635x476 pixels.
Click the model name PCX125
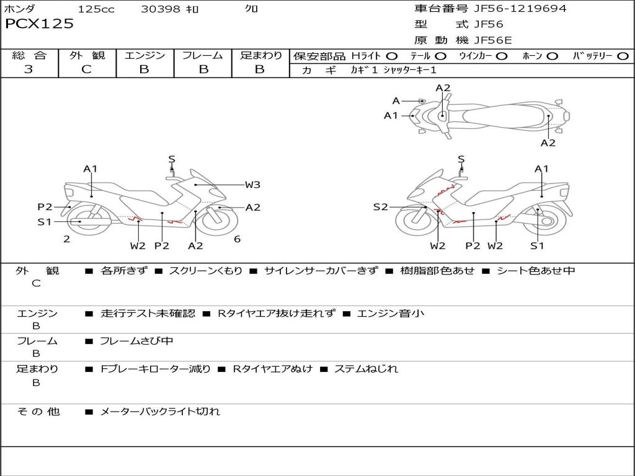pyautogui.click(x=39, y=24)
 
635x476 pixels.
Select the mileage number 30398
pyautogui.click(x=161, y=9)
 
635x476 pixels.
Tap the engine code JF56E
pyautogui.click(x=493, y=40)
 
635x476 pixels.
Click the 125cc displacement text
pyautogui.click(x=96, y=9)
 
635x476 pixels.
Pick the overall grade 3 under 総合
pyautogui.click(x=29, y=69)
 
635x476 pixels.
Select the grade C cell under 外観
pyautogui.click(x=86, y=69)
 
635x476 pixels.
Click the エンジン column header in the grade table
pyautogui.click(x=144, y=56)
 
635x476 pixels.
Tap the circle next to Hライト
pyautogui.click(x=392, y=56)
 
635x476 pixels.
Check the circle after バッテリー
pyautogui.click(x=623, y=56)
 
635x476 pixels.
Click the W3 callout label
pyautogui.click(x=252, y=184)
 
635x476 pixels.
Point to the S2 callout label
pyautogui.click(x=380, y=207)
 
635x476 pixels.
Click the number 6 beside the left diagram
pyautogui.click(x=237, y=239)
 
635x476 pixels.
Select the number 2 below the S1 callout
pyautogui.click(x=66, y=239)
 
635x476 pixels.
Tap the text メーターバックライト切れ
pyautogui.click(x=160, y=411)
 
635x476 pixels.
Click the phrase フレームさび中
pyautogui.click(x=136, y=341)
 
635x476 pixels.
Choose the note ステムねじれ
pyautogui.click(x=366, y=369)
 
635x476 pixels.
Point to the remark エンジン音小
pyautogui.click(x=391, y=314)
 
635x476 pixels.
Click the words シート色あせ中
pyautogui.click(x=536, y=271)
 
